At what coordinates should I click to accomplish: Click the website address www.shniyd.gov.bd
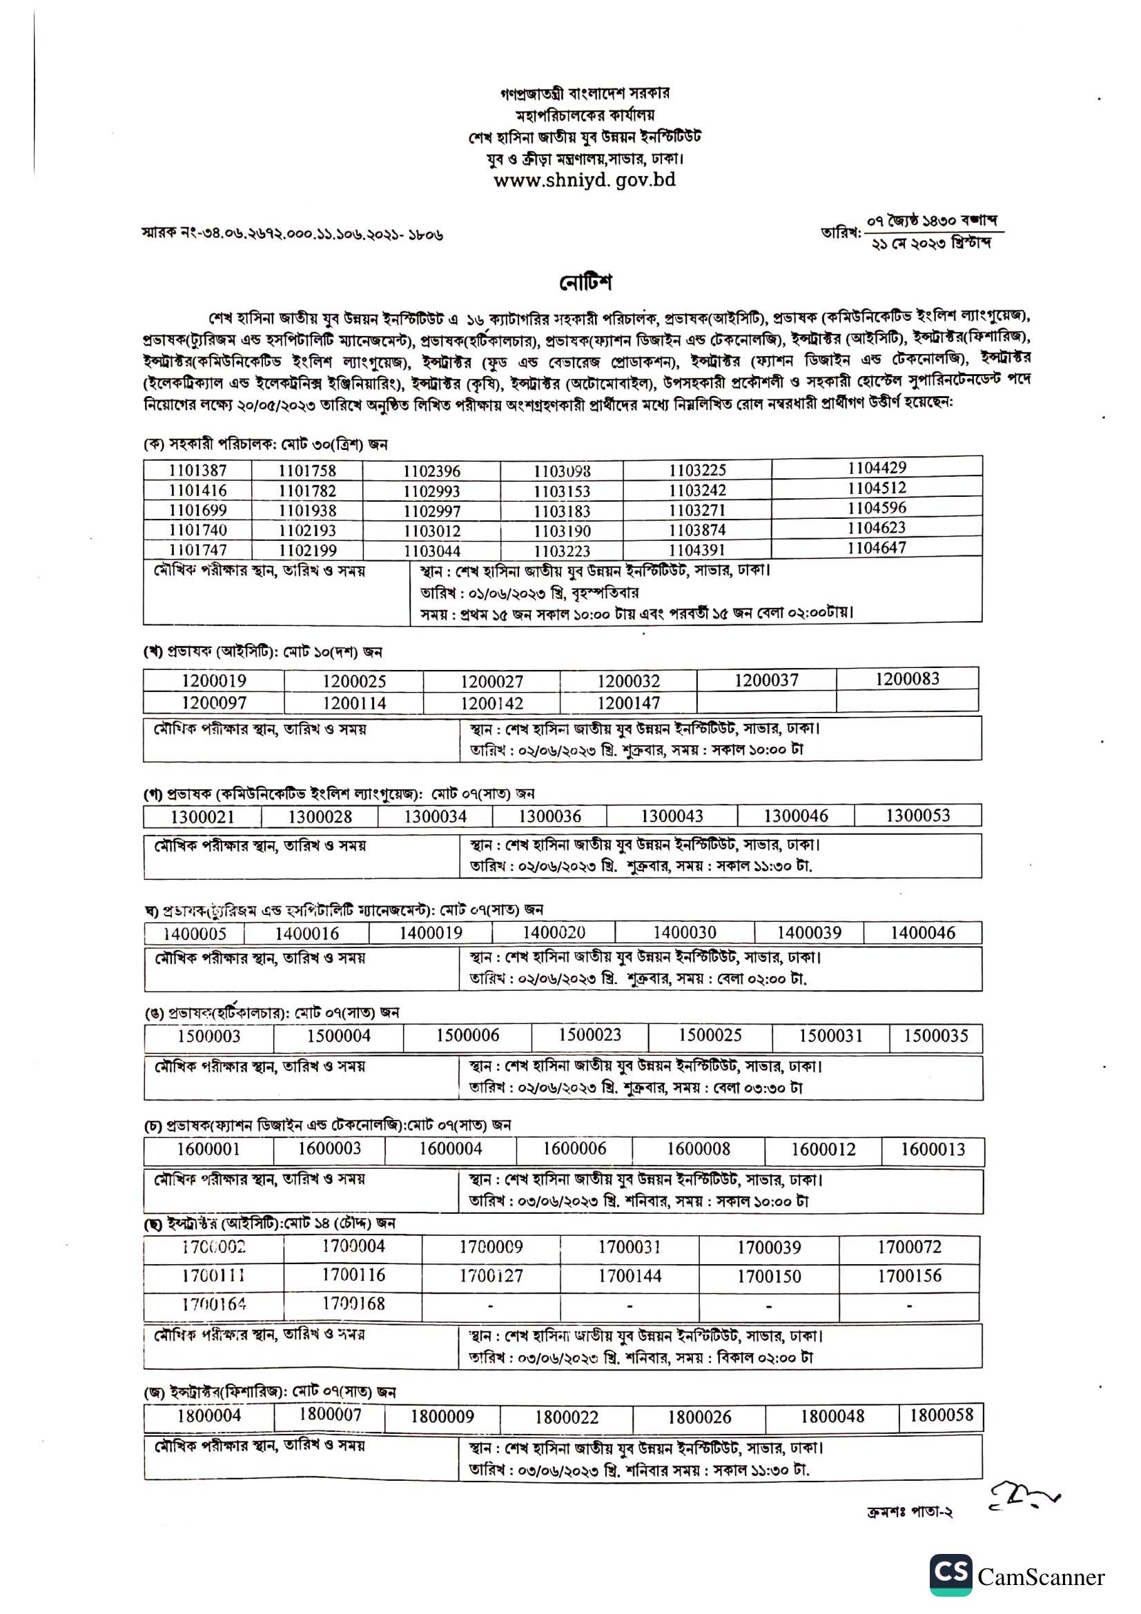(x=584, y=180)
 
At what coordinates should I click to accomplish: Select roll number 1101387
(x=197, y=471)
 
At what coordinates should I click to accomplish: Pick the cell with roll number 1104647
(x=876, y=548)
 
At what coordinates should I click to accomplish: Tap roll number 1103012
(x=431, y=531)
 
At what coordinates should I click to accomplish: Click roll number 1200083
(x=907, y=679)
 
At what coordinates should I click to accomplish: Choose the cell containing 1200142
(x=491, y=703)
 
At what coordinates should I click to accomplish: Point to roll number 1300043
(x=672, y=816)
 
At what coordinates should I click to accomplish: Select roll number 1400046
(x=922, y=933)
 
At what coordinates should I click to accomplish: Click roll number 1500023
(x=590, y=1035)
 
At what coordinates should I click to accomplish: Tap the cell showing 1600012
(x=823, y=1150)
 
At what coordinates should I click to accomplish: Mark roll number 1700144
(x=630, y=1276)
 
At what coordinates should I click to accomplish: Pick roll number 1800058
(x=941, y=1415)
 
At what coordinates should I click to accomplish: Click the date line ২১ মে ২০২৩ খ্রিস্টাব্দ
(x=930, y=244)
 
